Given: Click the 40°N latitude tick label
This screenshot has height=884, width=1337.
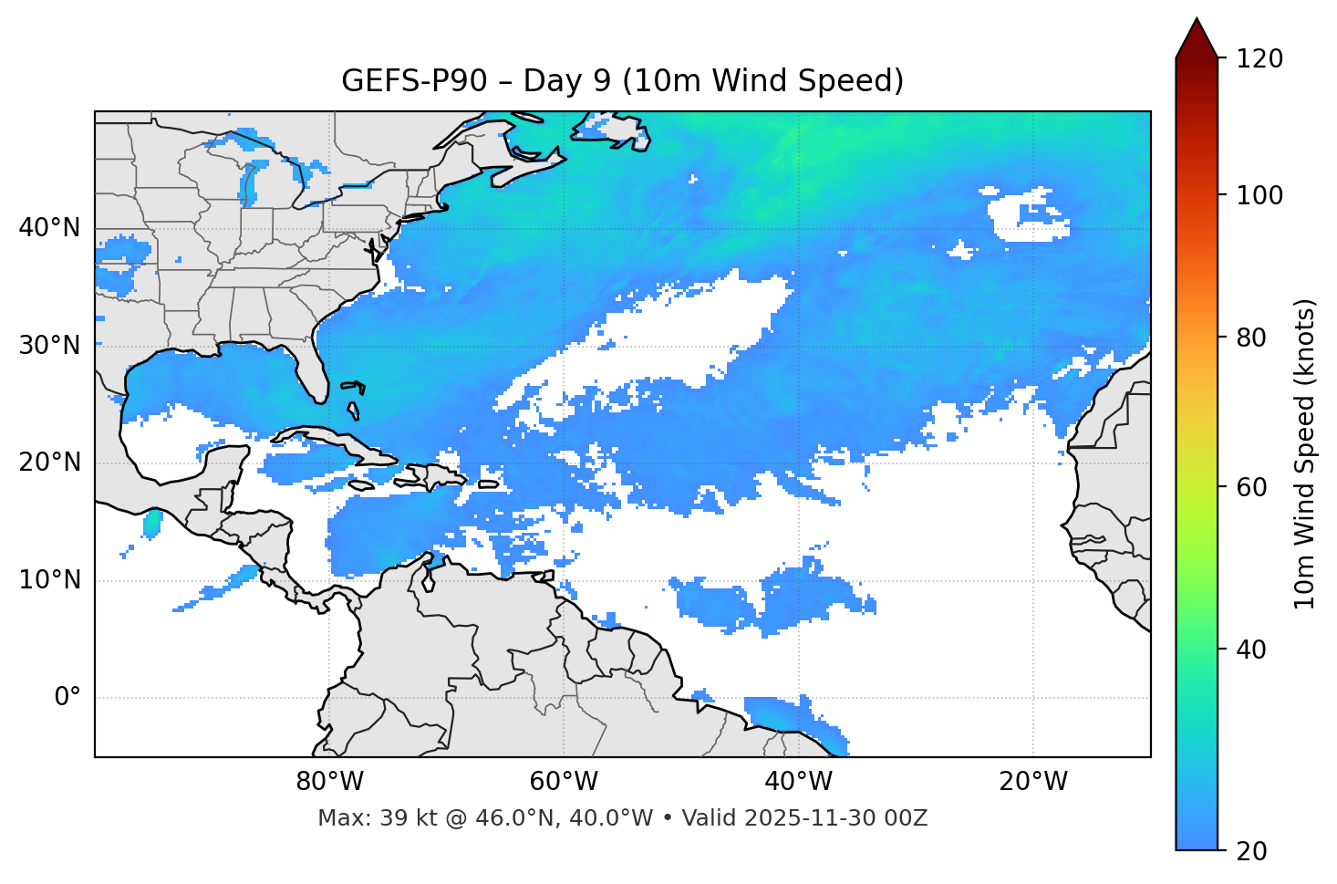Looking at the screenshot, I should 49,228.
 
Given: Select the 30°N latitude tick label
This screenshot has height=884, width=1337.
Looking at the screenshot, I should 49,346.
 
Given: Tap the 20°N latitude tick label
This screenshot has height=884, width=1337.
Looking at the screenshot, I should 49,463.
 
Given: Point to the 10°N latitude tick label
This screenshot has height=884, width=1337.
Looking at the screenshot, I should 49,580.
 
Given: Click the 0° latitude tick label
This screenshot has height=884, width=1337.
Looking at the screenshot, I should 67,697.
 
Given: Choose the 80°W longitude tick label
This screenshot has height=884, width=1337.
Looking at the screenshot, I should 329,782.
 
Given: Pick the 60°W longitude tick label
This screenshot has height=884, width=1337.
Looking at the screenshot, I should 564,782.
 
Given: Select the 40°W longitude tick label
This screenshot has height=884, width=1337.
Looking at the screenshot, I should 798,782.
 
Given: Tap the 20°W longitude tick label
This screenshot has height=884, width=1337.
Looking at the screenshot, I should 1032,782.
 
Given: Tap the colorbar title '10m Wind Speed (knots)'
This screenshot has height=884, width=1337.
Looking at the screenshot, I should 1305,453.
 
